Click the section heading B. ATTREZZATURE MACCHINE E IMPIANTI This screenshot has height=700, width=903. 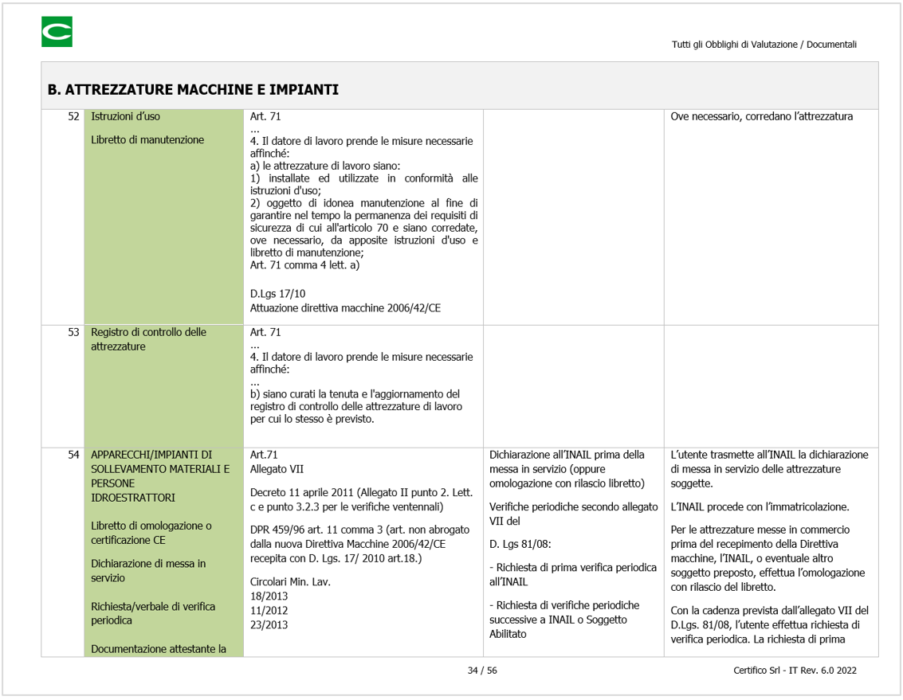click(193, 89)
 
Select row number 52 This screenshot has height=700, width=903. click(73, 117)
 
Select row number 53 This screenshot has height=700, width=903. click(73, 333)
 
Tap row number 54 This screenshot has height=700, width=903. click(73, 456)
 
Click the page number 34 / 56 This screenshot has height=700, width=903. click(482, 671)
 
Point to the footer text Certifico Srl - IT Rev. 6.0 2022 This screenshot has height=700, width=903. click(795, 671)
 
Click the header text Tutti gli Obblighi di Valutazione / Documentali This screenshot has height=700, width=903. click(764, 45)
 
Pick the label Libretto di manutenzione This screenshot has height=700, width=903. click(147, 140)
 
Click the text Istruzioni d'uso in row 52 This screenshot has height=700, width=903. click(125, 117)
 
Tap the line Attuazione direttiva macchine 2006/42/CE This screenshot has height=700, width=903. click(345, 307)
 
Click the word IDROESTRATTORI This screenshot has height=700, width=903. click(133, 498)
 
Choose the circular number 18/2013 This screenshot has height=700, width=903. click(269, 596)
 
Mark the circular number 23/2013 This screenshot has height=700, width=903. click(269, 625)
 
